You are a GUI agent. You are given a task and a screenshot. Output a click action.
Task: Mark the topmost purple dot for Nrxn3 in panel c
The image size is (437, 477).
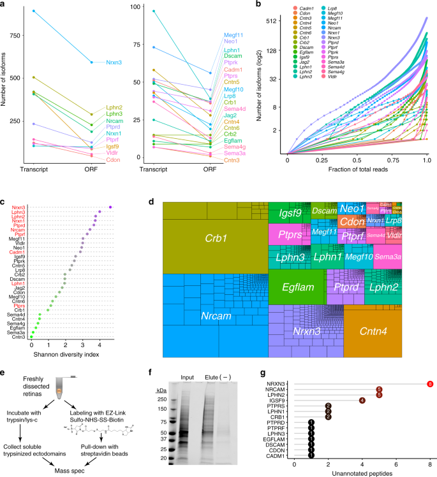[110, 207]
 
